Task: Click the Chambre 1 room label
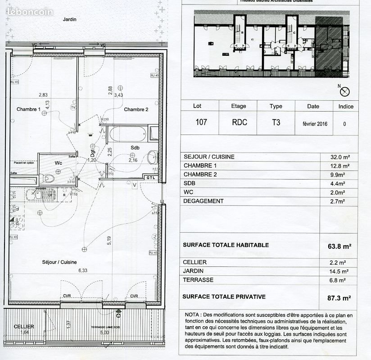click(x=29, y=109)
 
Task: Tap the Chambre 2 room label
click(x=136, y=109)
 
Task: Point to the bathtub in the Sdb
click(x=127, y=134)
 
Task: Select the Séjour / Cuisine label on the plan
click(x=59, y=262)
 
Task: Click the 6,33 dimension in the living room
click(x=82, y=270)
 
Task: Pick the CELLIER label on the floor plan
click(x=24, y=326)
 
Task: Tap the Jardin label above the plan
click(x=69, y=19)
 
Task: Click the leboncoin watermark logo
click(x=30, y=12)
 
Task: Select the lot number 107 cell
click(x=201, y=122)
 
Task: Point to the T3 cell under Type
click(x=276, y=122)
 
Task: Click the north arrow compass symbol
click(x=345, y=91)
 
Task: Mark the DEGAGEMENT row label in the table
click(x=204, y=201)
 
